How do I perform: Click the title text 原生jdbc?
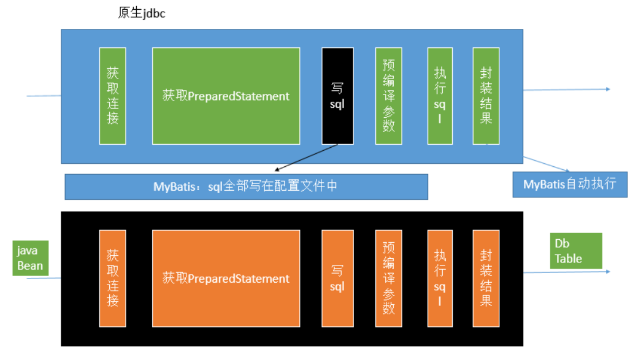point(141,13)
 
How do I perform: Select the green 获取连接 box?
point(113,96)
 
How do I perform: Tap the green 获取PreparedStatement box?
point(226,96)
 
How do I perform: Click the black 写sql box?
point(337,96)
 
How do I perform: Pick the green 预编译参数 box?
point(388,96)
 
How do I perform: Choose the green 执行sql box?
point(440,96)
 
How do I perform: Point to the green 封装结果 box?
point(486,96)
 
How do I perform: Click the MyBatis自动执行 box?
point(569,184)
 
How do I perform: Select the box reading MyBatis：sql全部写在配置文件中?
point(246,186)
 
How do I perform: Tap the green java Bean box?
point(30,258)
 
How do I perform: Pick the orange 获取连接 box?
point(113,278)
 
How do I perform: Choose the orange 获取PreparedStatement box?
point(226,278)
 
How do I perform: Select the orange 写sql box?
point(337,278)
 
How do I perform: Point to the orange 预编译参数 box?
point(388,278)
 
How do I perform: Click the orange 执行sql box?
point(440,278)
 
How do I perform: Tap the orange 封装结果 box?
point(486,278)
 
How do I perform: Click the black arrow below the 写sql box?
point(307,158)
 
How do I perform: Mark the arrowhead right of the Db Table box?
point(608,271)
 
